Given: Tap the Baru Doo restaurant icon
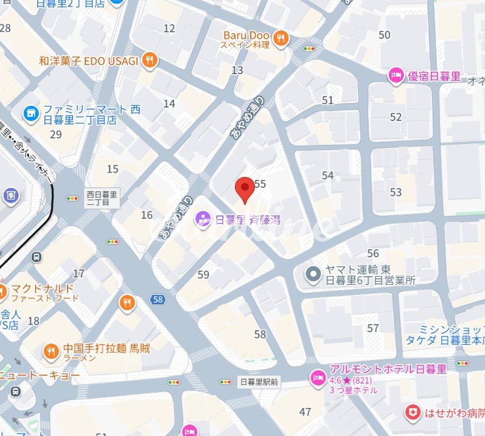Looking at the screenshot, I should click(281, 39).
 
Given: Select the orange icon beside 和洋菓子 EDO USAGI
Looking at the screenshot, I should click(149, 60).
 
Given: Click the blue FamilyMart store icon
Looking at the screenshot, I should click(30, 113).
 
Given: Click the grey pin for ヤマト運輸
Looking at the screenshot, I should click(313, 275).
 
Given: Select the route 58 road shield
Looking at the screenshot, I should click(158, 299).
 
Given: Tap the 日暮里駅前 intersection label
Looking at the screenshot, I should click(259, 382).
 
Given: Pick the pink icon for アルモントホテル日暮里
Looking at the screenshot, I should click(317, 378).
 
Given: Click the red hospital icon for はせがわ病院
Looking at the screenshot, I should click(413, 414).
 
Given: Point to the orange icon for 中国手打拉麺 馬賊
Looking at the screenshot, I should click(51, 351).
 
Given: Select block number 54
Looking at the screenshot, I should click(328, 176).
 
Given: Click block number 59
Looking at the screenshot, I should click(203, 275).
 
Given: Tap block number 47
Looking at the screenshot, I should click(305, 412).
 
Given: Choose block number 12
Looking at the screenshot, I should click(169, 28).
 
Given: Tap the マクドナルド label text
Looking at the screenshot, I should click(38, 288).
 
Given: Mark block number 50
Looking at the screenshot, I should click(384, 35).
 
